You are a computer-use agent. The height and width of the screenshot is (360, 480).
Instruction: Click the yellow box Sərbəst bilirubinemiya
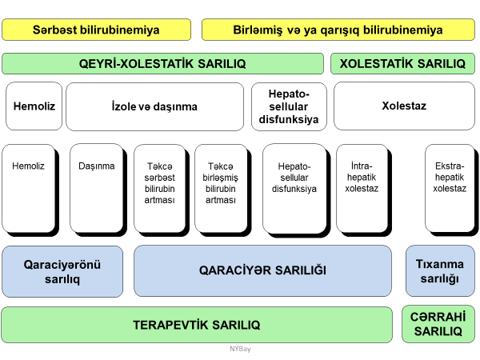pos(97,30)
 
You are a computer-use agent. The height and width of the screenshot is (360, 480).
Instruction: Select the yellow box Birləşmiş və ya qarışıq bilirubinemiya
pos(338,30)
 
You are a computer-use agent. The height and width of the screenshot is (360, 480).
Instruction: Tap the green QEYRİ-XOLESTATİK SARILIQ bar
pos(163,63)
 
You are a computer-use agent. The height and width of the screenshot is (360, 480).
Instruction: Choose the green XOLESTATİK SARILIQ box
pos(402,63)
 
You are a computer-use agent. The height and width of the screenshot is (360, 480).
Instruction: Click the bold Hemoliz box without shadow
pos(34,106)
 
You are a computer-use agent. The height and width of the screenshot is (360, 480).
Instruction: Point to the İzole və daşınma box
pos(154,106)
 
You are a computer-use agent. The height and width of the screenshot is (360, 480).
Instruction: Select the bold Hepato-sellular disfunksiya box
pos(289,106)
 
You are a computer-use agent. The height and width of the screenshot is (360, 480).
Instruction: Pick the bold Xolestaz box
pos(404,106)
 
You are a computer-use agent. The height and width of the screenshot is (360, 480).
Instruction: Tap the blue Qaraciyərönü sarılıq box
pos(62,270)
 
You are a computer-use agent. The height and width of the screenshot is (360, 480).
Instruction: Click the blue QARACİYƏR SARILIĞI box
pos(262,270)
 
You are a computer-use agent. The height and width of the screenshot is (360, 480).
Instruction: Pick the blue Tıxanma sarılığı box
pos(440,270)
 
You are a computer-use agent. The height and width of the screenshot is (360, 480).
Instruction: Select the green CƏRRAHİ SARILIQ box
pos(438,324)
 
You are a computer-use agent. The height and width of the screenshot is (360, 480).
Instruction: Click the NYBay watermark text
pos(240,350)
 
